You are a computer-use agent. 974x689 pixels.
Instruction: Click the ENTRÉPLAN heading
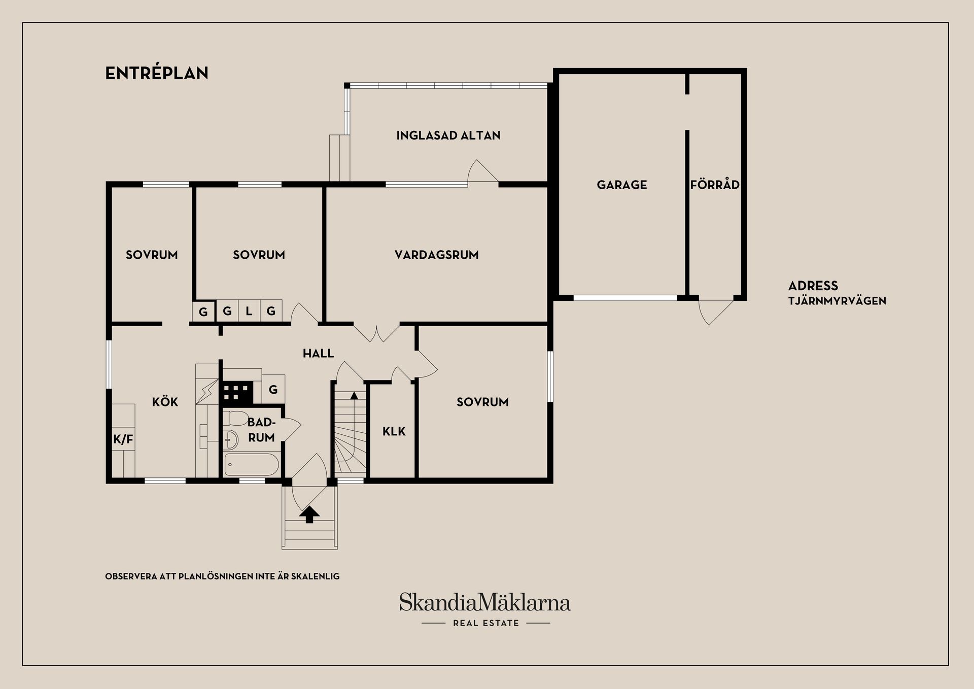pos(157,73)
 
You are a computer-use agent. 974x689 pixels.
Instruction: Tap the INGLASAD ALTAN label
pos(448,135)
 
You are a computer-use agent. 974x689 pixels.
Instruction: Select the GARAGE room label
pos(622,185)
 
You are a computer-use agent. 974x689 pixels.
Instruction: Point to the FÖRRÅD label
pos(715,184)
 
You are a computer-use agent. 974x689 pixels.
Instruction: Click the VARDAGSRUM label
pos(437,255)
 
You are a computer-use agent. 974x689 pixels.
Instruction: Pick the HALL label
pos(319,353)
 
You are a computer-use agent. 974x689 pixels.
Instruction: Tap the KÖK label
pos(165,402)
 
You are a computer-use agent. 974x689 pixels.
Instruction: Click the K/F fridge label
pos(123,439)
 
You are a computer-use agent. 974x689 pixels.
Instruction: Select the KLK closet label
pos(394,431)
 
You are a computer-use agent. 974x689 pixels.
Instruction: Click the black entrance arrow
pos(309,514)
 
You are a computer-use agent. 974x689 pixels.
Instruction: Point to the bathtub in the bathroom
pos(252,464)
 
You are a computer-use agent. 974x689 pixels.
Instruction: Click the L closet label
pos(249,311)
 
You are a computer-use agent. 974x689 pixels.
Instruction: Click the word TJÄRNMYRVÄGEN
pos(837,300)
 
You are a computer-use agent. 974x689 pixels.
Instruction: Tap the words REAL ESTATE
pos(486,623)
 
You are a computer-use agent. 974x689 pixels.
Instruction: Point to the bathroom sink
pos(231,439)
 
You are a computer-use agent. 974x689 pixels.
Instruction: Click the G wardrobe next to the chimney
pos(273,390)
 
